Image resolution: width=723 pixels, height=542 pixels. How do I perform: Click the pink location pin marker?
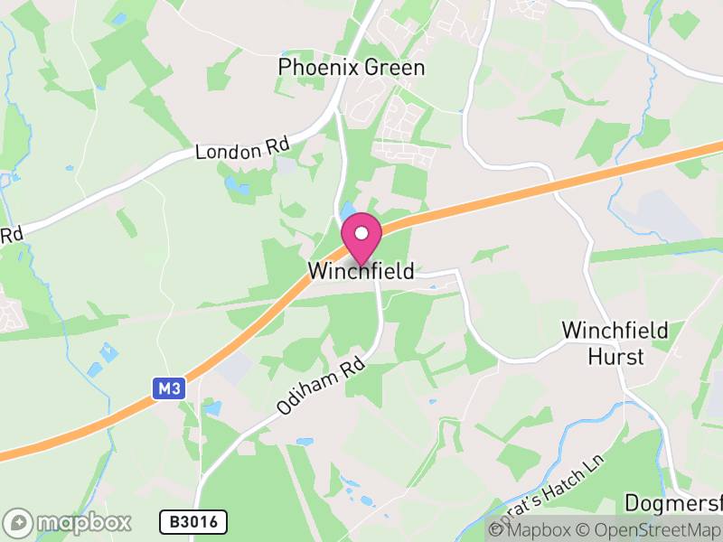(x=361, y=240)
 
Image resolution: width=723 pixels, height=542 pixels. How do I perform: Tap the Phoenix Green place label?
(x=352, y=68)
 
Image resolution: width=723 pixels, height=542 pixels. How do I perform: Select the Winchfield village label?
(x=361, y=271)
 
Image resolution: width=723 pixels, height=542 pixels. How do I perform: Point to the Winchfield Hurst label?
(x=615, y=343)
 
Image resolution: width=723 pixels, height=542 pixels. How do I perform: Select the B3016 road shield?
(x=193, y=522)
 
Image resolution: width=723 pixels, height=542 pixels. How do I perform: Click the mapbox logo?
(x=68, y=522)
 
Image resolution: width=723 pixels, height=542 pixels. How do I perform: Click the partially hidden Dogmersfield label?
(x=672, y=503)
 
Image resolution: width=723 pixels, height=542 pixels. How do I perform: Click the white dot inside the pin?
(x=361, y=233)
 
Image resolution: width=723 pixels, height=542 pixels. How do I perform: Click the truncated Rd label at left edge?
(x=10, y=235)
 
